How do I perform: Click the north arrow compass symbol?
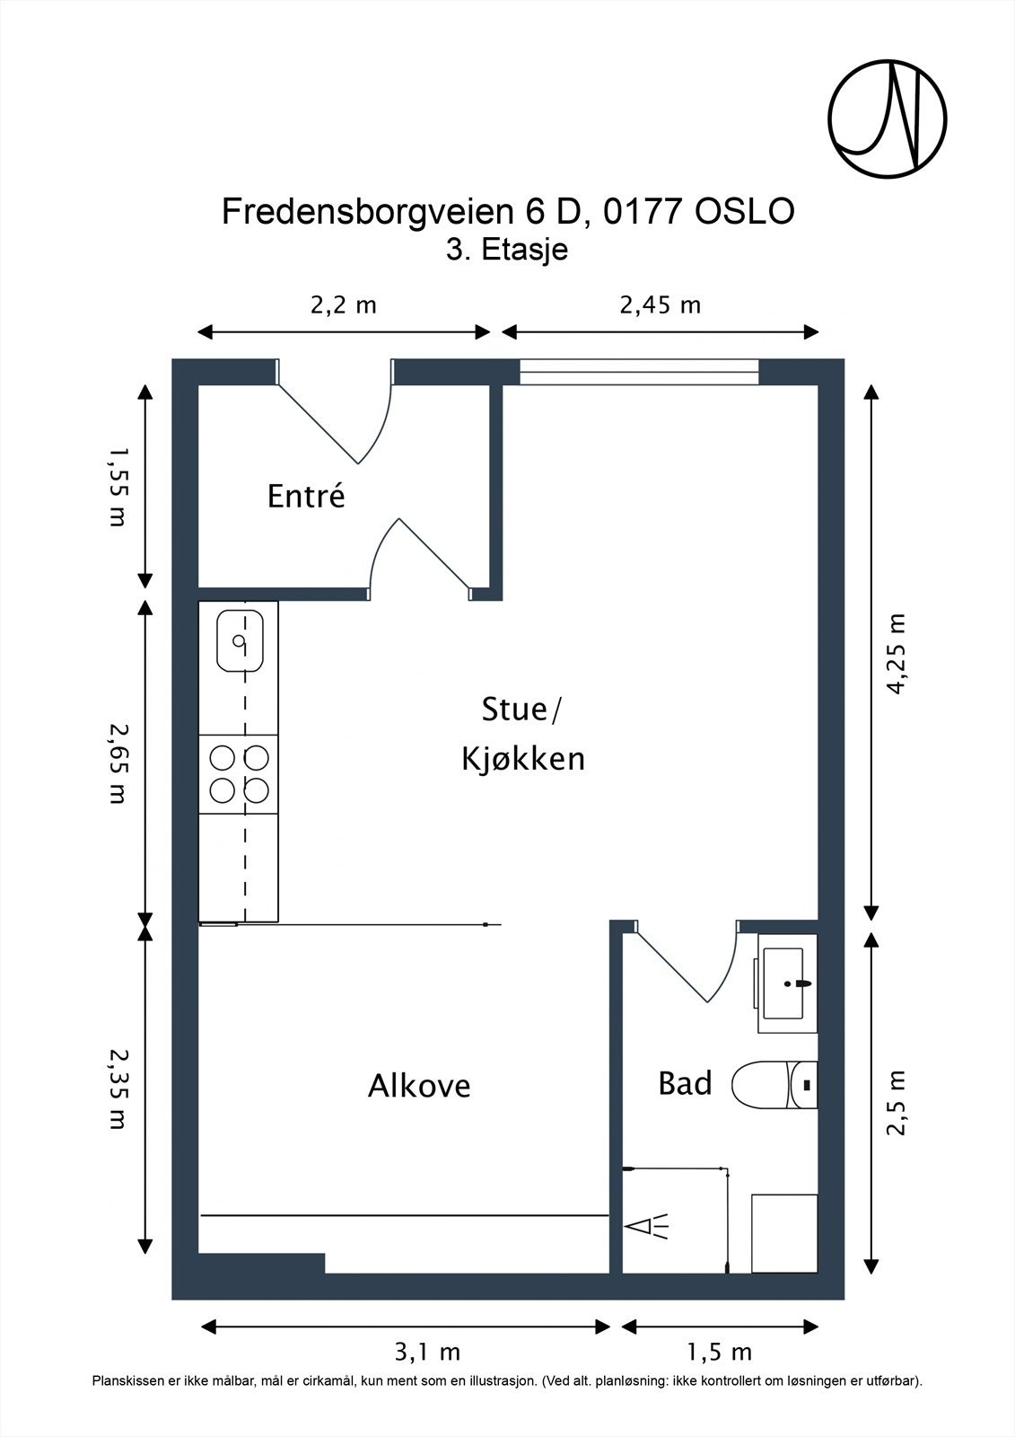click(888, 119)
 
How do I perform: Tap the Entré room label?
click(306, 496)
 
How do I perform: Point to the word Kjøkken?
click(523, 759)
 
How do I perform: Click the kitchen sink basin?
click(240, 641)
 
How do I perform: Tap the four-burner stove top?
click(239, 774)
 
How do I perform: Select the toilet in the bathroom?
click(774, 1085)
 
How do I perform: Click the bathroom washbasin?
click(787, 983)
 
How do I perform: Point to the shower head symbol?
click(648, 1227)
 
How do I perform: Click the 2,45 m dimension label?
click(660, 304)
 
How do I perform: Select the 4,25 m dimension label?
click(896, 654)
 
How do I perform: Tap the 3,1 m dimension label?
click(427, 1352)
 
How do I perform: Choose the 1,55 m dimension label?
click(118, 487)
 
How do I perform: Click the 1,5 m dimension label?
click(720, 1352)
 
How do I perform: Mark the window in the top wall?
click(639, 372)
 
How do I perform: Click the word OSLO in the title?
click(745, 211)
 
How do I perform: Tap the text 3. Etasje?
click(507, 250)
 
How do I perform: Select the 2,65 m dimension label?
click(118, 763)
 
